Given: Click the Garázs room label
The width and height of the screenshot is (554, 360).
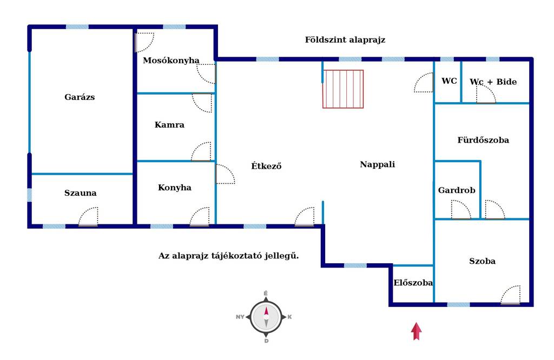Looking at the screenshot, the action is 80,97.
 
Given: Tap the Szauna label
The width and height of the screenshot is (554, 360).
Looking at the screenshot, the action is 80,193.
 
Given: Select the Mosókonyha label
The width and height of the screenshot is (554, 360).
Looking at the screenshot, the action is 171,61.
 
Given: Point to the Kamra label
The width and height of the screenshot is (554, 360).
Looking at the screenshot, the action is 169,124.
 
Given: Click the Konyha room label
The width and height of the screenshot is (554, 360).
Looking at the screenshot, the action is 175,188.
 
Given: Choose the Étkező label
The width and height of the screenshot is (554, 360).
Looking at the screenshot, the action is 266,165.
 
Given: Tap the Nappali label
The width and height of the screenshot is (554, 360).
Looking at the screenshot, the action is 377,164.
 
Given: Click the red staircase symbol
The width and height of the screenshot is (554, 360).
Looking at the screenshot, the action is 343,89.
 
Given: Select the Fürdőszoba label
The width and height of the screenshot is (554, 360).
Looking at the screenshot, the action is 483,140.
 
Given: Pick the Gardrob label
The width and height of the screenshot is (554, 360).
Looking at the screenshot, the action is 457,190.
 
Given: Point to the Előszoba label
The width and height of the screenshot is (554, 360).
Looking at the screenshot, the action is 413,283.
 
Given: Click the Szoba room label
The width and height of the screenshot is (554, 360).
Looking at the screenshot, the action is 482,261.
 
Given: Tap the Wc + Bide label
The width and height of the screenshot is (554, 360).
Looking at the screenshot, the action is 493,82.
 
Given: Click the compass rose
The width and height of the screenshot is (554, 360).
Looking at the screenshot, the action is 266,317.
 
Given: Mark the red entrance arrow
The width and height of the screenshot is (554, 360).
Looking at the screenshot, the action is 416,331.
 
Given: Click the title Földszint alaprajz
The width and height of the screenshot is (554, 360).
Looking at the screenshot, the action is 345,39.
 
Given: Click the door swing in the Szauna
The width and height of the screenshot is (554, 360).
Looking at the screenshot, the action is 88,216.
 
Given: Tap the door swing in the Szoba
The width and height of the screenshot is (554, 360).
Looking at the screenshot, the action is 511,295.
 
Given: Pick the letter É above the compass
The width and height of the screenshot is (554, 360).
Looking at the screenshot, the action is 266,294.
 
